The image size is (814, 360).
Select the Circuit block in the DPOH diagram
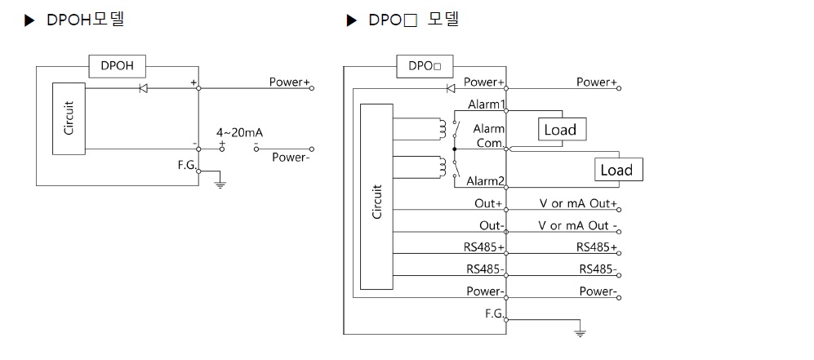(x=68, y=118)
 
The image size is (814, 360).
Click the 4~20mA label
(x=239, y=131)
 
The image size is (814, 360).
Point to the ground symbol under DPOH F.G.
(x=220, y=184)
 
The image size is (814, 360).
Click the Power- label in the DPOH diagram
(x=291, y=158)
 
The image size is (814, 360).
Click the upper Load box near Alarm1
(x=559, y=129)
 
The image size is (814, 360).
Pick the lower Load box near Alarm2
(x=616, y=170)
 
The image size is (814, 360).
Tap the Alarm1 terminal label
(x=486, y=104)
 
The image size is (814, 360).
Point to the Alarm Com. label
(x=488, y=136)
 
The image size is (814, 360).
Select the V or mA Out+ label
(x=577, y=203)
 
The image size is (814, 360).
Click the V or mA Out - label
(x=578, y=225)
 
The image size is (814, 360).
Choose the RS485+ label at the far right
(x=596, y=247)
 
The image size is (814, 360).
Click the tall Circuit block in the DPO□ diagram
(x=376, y=201)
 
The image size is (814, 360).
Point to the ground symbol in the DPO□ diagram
(x=580, y=331)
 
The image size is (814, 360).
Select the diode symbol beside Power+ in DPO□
(x=450, y=87)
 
